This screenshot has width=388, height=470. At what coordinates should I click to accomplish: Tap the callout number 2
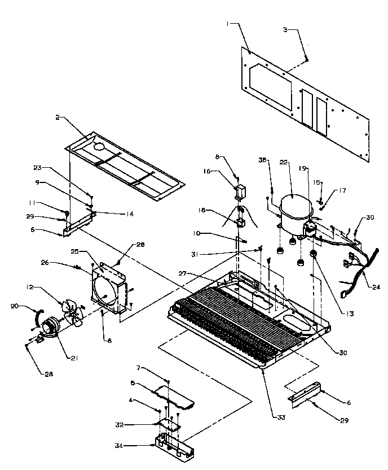click(x=58, y=117)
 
